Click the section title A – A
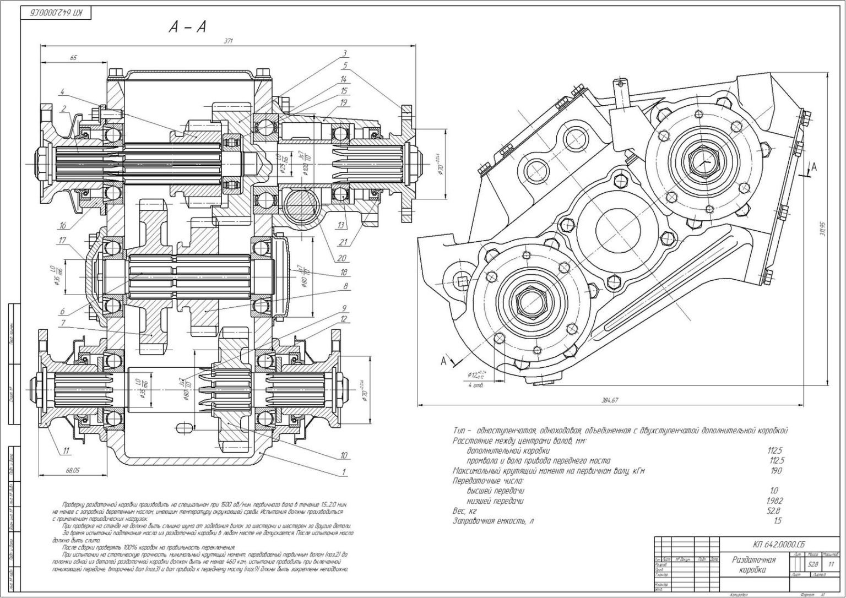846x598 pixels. (187, 27)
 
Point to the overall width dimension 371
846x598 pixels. (226, 41)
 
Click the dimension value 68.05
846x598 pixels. (72, 470)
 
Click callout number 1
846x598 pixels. (344, 472)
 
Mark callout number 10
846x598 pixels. (344, 455)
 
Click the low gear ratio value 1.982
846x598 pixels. (774, 501)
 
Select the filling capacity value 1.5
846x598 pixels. (777, 520)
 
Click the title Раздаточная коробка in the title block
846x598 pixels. (754, 564)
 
